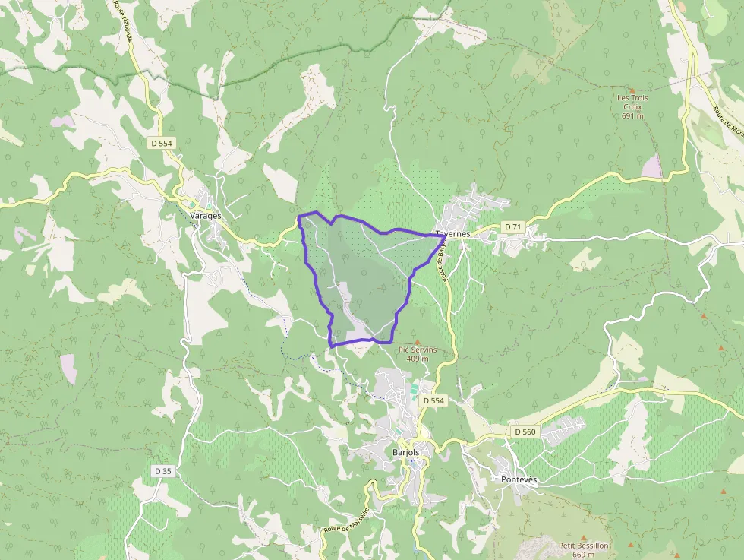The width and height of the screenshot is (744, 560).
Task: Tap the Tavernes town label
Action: pyautogui.click(x=453, y=234)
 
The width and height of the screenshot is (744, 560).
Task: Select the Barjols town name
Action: pyautogui.click(x=405, y=451)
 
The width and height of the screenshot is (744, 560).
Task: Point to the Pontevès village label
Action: pyautogui.click(x=519, y=479)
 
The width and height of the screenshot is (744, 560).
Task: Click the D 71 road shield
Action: pyautogui.click(x=513, y=226)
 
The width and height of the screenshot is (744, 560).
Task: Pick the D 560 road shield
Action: pyautogui.click(x=525, y=432)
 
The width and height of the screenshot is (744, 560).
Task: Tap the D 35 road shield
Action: pyautogui.click(x=162, y=471)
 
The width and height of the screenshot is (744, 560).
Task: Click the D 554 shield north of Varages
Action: pyautogui.click(x=162, y=143)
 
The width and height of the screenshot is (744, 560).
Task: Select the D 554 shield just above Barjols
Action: pyautogui.click(x=433, y=400)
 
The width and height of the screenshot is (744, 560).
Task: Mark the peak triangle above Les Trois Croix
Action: pyautogui.click(x=632, y=90)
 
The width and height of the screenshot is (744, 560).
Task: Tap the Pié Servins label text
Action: pyautogui.click(x=418, y=350)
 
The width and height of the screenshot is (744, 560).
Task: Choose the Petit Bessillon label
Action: pyautogui.click(x=583, y=546)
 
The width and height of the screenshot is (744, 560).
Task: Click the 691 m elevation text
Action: pyautogui.click(x=632, y=116)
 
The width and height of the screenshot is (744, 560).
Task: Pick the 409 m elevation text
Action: pyautogui.click(x=418, y=359)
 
